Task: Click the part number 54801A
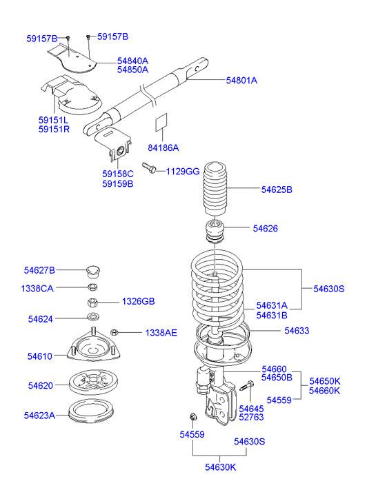(x=241, y=80)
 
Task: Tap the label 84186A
(x=163, y=147)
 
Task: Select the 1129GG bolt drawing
(x=149, y=167)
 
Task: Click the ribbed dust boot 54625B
(x=215, y=190)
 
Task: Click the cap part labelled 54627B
(x=93, y=272)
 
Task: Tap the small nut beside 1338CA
(x=92, y=287)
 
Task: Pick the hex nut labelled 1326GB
(x=92, y=302)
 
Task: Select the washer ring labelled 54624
(x=93, y=317)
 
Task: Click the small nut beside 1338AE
(x=115, y=333)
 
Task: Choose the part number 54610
(x=40, y=356)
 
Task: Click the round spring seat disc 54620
(x=93, y=382)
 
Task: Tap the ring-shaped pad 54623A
(x=91, y=411)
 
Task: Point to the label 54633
(x=297, y=331)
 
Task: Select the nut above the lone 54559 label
(x=193, y=417)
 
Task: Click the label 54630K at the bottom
(x=221, y=467)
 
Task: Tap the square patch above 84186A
(x=161, y=122)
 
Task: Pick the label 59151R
(x=54, y=130)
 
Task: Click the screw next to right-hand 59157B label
(x=88, y=38)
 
